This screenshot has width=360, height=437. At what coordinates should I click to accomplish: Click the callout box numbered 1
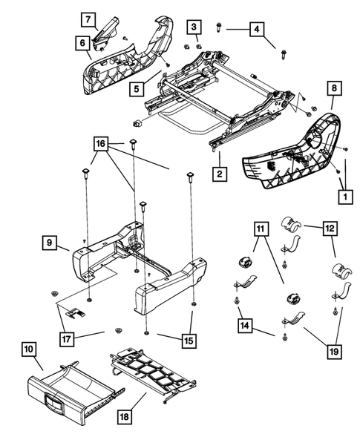click(x=343, y=197)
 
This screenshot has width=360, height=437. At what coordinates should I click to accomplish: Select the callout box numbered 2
click(x=220, y=176)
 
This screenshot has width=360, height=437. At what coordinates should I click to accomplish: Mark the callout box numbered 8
click(x=333, y=88)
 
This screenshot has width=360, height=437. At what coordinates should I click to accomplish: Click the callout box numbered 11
click(x=261, y=229)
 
